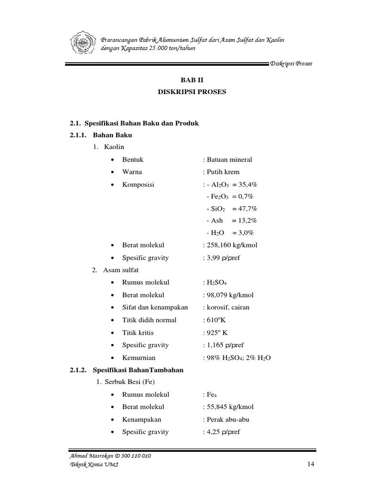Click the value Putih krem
click(222, 172)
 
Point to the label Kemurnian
click(139, 357)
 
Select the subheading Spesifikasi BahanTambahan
click(138, 370)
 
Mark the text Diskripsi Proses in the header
click(291, 64)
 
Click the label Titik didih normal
click(149, 320)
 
